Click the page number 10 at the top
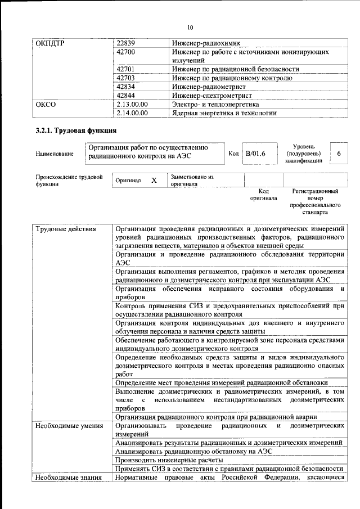[x=190, y=27]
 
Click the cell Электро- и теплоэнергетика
[x=215, y=104]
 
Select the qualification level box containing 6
[x=338, y=153]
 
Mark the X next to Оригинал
[x=154, y=181]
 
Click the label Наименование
[x=54, y=154]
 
